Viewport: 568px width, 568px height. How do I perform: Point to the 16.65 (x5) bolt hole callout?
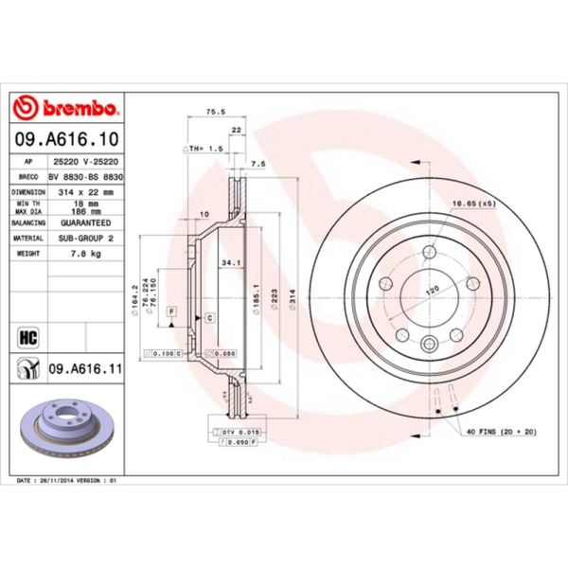[473, 204]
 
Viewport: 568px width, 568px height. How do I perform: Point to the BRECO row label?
[27, 176]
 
